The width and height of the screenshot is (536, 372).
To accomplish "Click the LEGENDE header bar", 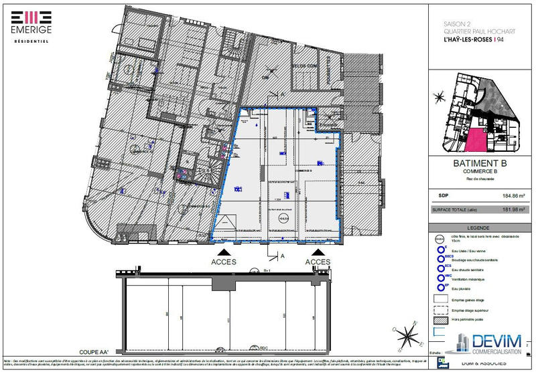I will pos(476,227).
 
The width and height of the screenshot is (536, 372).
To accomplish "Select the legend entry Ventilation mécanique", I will pos(460,278).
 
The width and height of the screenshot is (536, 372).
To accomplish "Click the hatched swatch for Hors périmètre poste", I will pos(440,320).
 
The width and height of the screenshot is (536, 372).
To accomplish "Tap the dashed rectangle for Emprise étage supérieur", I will pos(440,309).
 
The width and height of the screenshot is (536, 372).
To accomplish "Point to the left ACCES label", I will pos(223,262).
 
